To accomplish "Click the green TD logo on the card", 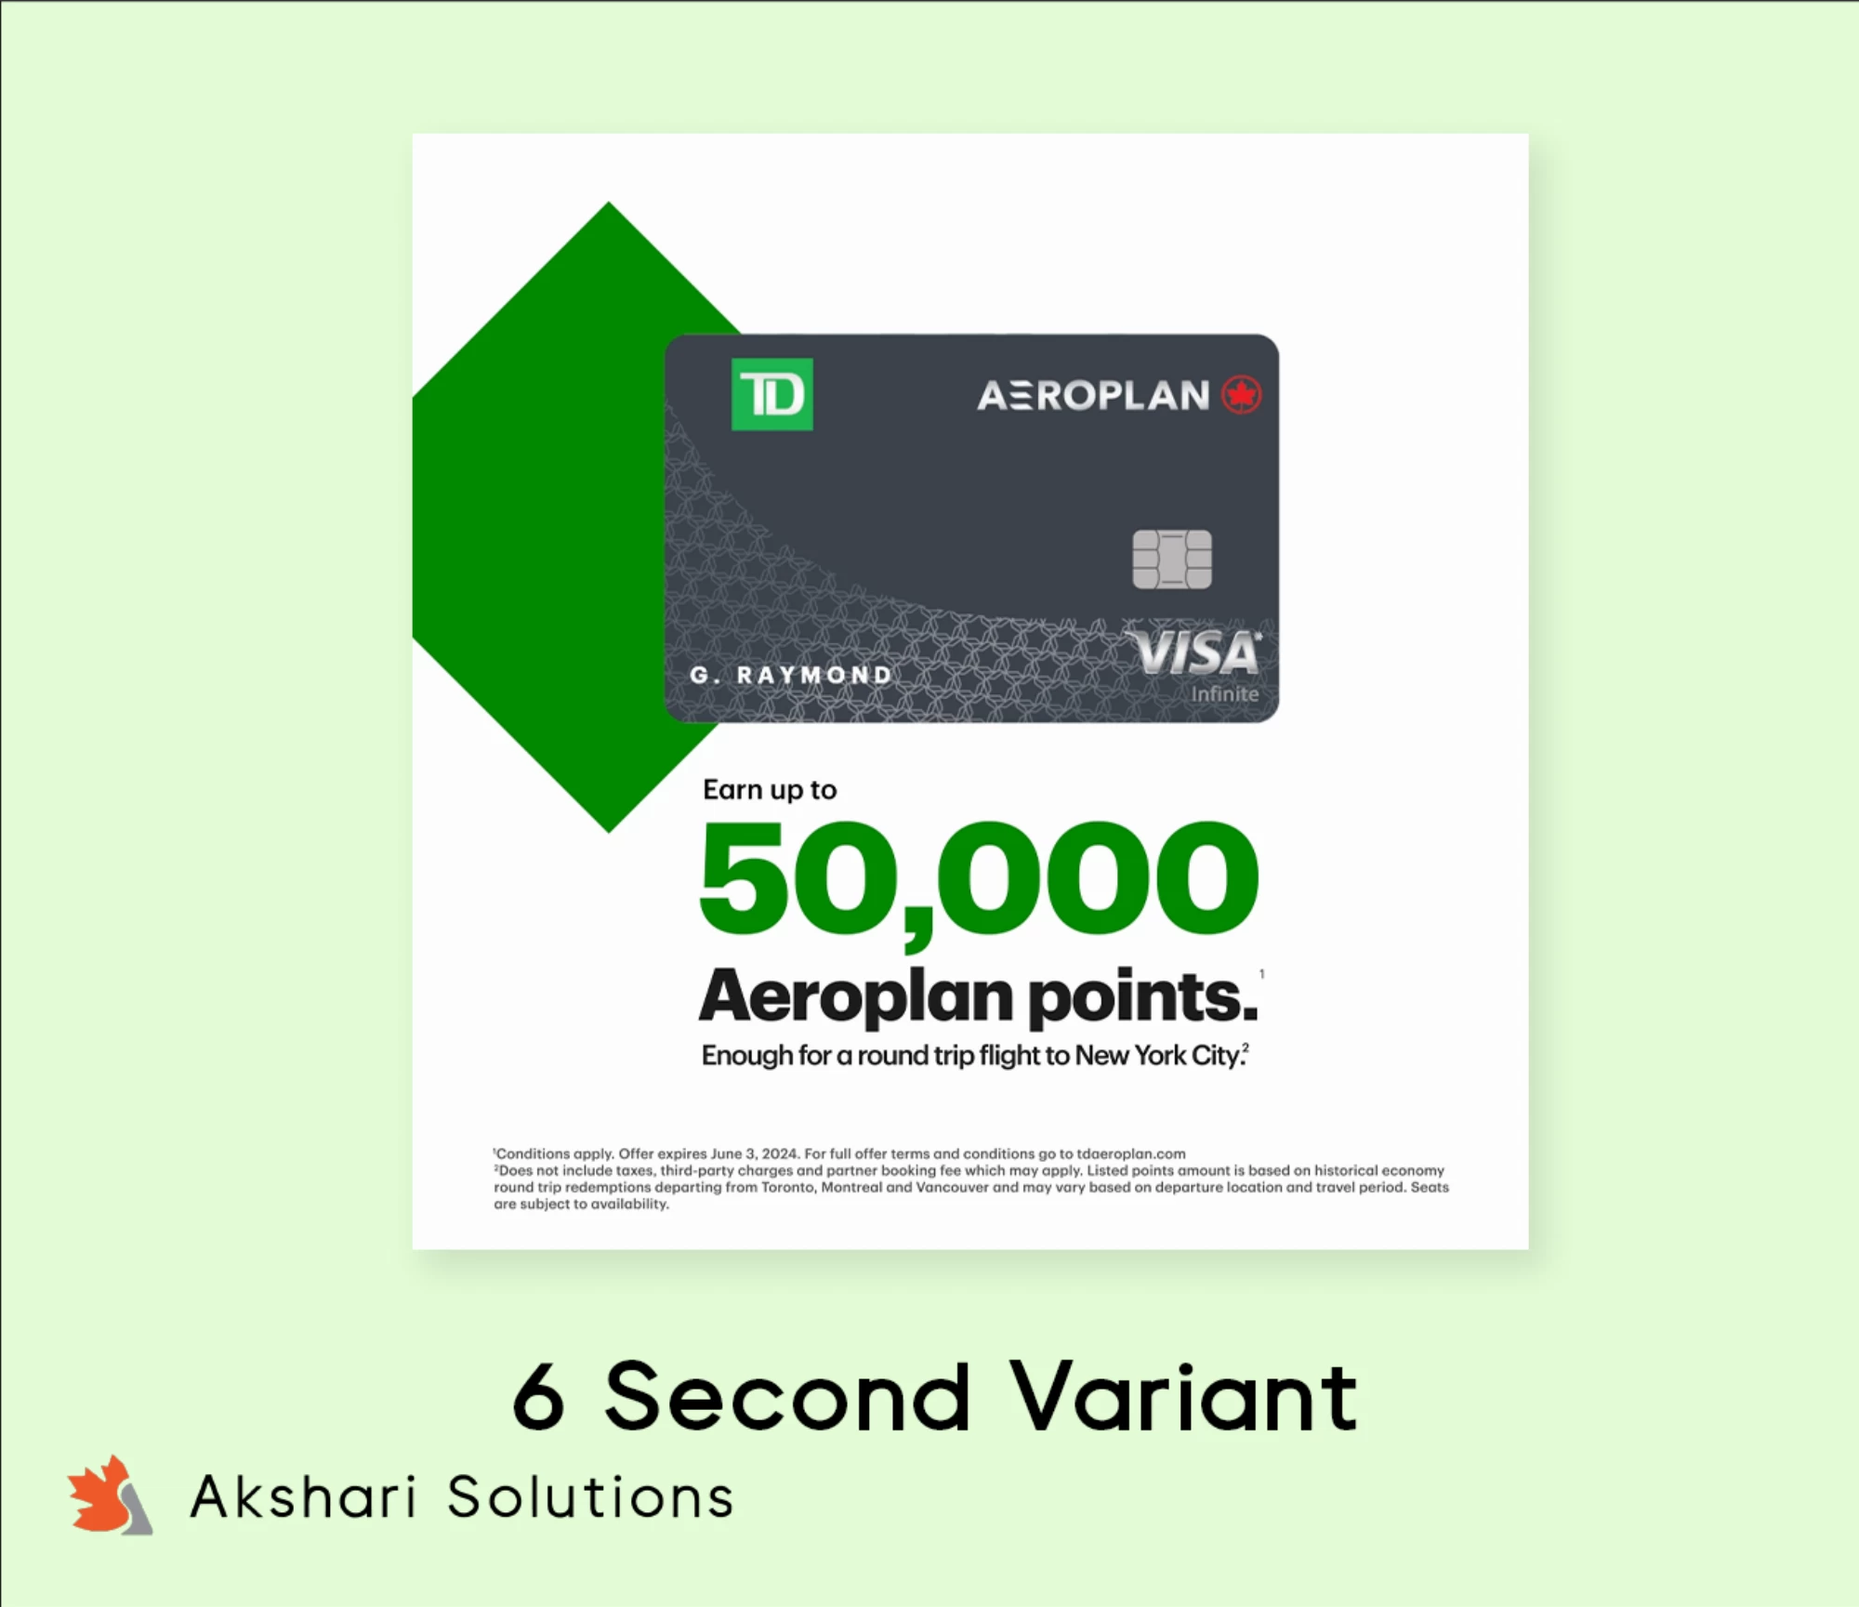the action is pyautogui.click(x=771, y=394).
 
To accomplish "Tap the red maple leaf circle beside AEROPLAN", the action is pyautogui.click(x=1241, y=395).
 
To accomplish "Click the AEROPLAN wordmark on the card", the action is pyautogui.click(x=1093, y=396).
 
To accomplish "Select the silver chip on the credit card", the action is pyautogui.click(x=1172, y=560).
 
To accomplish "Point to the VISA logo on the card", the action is pyautogui.click(x=1193, y=652).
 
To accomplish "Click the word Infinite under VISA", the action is pyautogui.click(x=1225, y=694).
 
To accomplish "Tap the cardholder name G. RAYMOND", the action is pyautogui.click(x=791, y=675).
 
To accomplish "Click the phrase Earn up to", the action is pyautogui.click(x=770, y=790).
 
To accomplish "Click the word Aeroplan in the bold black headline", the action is pyautogui.click(x=856, y=996).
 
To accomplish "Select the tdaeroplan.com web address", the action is pyautogui.click(x=1131, y=1153).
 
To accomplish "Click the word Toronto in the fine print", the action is pyautogui.click(x=788, y=1187).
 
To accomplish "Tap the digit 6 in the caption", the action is pyautogui.click(x=538, y=1396).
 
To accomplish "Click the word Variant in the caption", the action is pyautogui.click(x=1184, y=1396).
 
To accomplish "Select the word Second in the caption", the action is pyautogui.click(x=788, y=1396).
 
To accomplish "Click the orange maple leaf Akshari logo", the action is pyautogui.click(x=110, y=1495).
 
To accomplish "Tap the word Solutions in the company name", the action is pyautogui.click(x=591, y=1497).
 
